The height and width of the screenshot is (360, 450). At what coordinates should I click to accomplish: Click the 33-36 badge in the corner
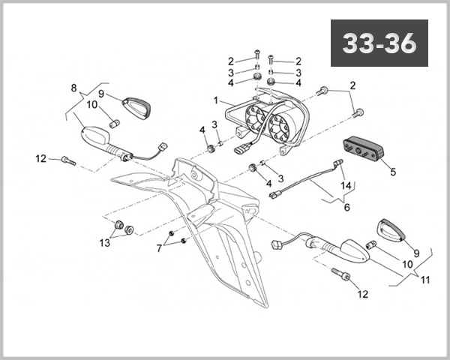(x=379, y=43)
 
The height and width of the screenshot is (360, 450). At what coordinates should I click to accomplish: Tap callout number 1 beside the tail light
(x=216, y=100)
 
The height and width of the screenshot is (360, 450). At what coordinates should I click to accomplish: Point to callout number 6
(x=346, y=206)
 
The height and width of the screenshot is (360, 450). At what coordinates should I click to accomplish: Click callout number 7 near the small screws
(x=158, y=247)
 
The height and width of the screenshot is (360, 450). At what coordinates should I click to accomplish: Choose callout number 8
(x=73, y=88)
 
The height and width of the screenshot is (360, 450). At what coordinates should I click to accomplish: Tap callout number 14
(x=346, y=185)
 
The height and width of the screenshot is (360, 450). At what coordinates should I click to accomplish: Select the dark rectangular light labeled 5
(x=363, y=149)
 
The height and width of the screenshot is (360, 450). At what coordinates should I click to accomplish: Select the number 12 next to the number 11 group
(x=363, y=294)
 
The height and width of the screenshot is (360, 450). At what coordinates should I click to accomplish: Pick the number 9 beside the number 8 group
(x=103, y=95)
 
